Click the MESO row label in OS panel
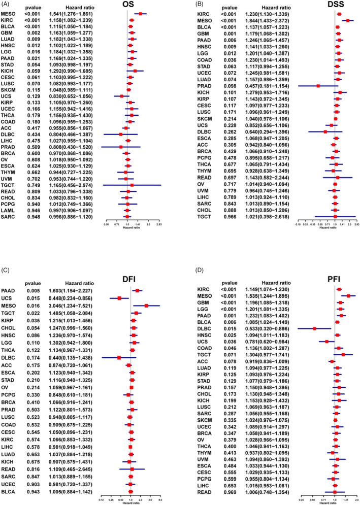click(9, 14)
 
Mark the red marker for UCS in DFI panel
click(119, 283)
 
